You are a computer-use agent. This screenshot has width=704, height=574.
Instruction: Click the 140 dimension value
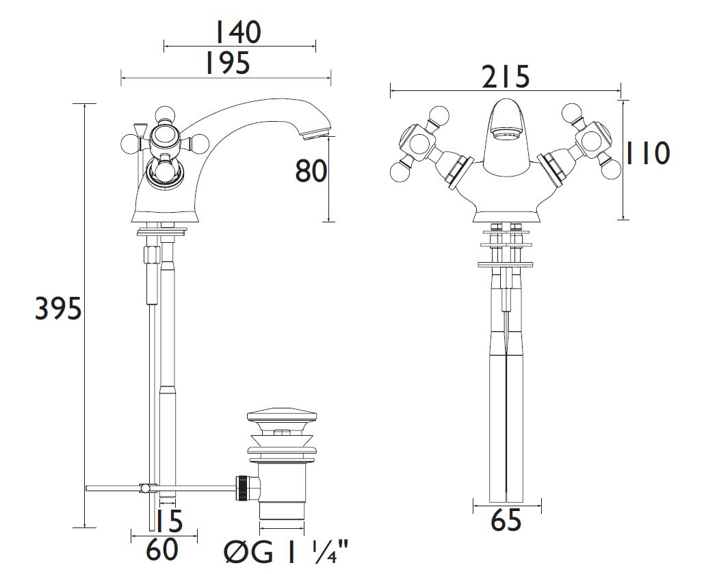[x=238, y=32]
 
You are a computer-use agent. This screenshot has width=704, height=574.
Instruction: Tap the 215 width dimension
[x=506, y=77]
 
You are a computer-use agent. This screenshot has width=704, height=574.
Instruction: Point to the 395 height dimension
[x=58, y=309]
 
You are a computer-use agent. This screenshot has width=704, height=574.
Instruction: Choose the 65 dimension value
[x=506, y=521]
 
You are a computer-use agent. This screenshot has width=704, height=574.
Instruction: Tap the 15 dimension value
[x=171, y=521]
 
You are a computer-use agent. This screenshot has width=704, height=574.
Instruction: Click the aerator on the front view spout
[x=507, y=133]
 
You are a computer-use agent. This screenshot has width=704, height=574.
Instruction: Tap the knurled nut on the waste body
[x=242, y=487]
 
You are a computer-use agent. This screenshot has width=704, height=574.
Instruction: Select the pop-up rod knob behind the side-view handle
[x=138, y=127]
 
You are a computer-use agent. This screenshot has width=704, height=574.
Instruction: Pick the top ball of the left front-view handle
[x=439, y=116]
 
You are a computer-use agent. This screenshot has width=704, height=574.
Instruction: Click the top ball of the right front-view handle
[x=572, y=113]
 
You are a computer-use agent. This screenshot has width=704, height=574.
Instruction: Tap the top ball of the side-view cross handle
[x=165, y=114]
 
